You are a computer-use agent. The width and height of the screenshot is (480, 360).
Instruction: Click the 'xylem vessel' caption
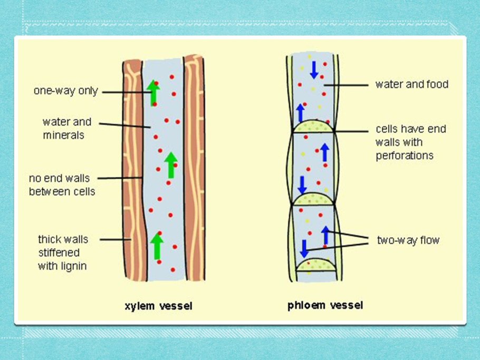(158, 306)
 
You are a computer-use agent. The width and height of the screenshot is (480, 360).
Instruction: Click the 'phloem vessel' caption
(325, 305)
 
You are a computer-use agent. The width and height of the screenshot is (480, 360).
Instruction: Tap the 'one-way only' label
(66, 91)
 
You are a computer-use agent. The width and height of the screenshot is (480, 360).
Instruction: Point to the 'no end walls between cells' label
(62, 184)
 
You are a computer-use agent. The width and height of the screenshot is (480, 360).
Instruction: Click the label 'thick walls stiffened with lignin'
(63, 252)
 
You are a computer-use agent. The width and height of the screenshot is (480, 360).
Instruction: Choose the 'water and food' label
(411, 84)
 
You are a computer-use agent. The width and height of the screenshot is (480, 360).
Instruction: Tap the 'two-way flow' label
(408, 240)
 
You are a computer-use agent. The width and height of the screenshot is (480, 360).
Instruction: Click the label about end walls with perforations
(405, 142)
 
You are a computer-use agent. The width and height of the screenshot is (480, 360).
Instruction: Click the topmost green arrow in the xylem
(153, 92)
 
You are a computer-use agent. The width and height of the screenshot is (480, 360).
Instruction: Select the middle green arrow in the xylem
(170, 165)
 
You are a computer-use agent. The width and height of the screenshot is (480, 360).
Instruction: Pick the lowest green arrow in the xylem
(157, 247)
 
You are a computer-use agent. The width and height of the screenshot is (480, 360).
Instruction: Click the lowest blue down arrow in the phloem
(304, 248)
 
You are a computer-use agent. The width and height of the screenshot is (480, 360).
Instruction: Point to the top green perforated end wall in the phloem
(314, 127)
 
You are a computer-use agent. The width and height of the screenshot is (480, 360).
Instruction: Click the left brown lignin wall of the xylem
(132, 169)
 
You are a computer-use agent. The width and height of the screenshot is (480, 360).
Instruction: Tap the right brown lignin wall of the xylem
(194, 169)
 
